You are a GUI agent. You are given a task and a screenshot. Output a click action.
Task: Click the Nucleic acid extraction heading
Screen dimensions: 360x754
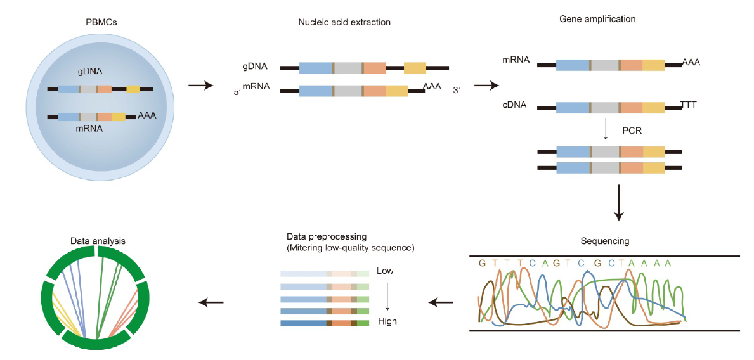pyautogui.click(x=344, y=23)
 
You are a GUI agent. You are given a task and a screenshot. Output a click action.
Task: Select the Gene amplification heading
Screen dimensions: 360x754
pyautogui.click(x=597, y=19)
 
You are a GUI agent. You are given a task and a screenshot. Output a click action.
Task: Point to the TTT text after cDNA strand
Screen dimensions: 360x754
pyautogui.click(x=688, y=104)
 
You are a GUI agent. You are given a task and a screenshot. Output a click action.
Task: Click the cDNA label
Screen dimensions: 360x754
pyautogui.click(x=514, y=105)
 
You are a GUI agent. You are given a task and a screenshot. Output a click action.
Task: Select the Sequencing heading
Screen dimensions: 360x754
pyautogui.click(x=605, y=241)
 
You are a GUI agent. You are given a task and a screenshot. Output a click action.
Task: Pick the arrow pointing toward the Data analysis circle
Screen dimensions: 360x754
pyautogui.click(x=211, y=302)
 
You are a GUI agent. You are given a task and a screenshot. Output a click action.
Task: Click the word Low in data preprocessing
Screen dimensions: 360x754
pyautogui.click(x=385, y=271)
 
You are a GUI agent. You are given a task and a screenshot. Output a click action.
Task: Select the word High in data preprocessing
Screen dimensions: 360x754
pyautogui.click(x=387, y=321)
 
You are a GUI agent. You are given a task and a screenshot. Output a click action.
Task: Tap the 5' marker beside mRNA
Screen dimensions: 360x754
pyautogui.click(x=237, y=92)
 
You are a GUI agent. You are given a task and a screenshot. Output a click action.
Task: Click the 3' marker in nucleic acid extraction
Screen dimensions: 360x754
pyautogui.click(x=456, y=91)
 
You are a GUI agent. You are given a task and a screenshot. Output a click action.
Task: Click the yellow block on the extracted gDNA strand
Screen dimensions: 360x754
pyautogui.click(x=415, y=67)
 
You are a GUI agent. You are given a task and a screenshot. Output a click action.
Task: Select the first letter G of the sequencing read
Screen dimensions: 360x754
pyautogui.click(x=483, y=262)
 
